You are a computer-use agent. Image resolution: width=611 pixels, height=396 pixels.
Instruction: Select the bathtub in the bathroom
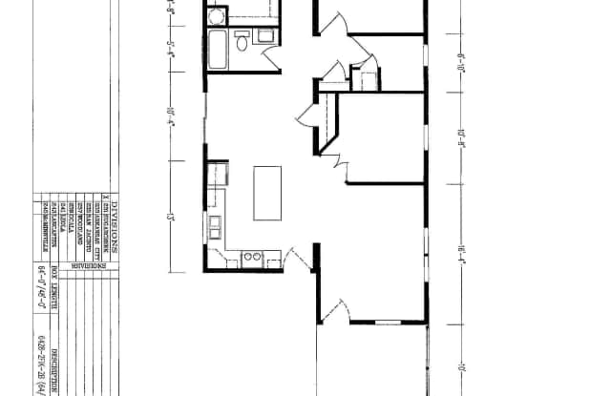(217, 49)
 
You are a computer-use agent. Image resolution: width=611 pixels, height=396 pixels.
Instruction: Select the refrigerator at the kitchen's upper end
(218, 175)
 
